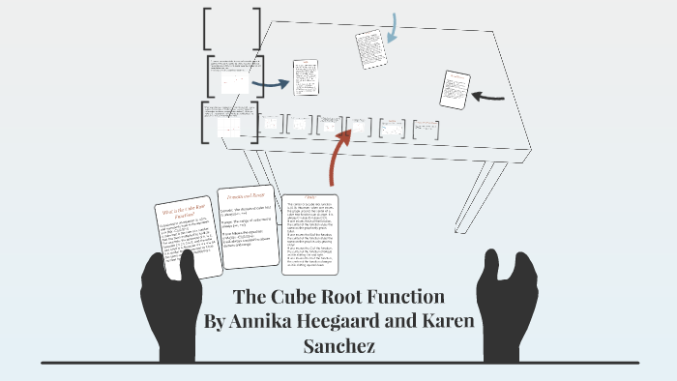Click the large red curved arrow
[338, 156]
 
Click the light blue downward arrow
[392, 29]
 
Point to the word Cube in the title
[309, 297]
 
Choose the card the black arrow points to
[454, 89]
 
